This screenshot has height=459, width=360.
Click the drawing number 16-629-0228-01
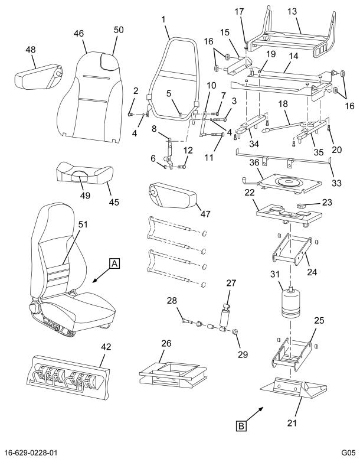pyautogui.click(x=40, y=451)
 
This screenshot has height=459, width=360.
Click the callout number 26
pyautogui.click(x=167, y=343)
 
